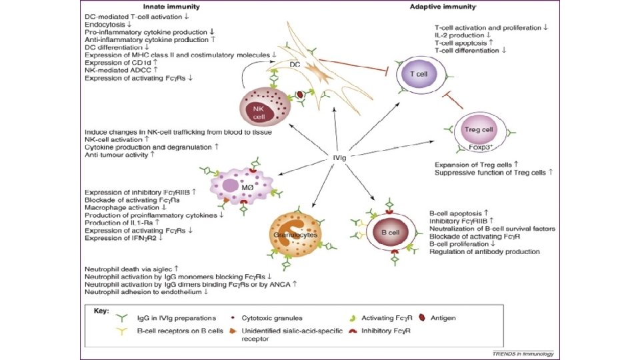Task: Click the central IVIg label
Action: pyautogui.click(x=339, y=157)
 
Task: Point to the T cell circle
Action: pyautogui.click(x=417, y=74)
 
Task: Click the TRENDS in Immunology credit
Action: pyautogui.click(x=522, y=353)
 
